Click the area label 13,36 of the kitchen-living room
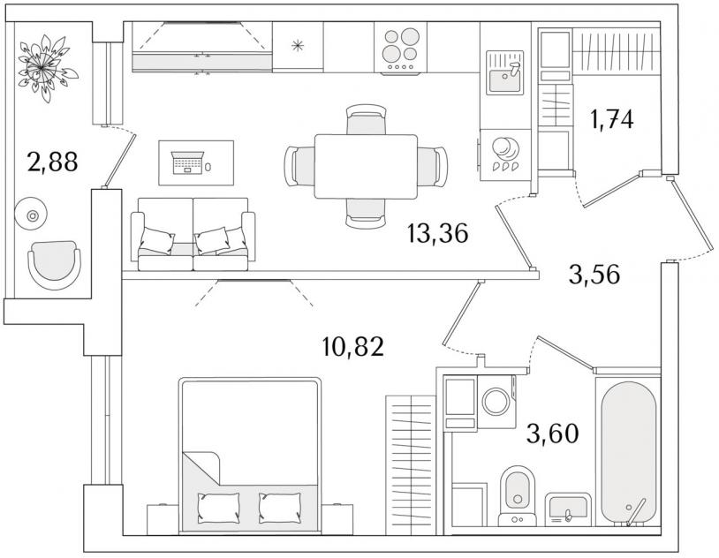coord(437,233)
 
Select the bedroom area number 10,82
coord(352,347)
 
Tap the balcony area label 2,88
coord(53,162)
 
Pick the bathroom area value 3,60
coord(553,434)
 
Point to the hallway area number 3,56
coord(594,275)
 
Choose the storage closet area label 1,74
coord(612,120)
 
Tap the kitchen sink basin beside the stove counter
coord(505,80)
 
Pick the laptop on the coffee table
coord(187,162)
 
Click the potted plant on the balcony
coord(44,67)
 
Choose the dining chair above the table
coord(366,119)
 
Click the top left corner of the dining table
coord(315,135)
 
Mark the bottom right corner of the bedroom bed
coord(321,532)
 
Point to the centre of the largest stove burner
coord(410,37)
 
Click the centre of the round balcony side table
coord(32,215)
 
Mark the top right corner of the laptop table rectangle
coord(233,140)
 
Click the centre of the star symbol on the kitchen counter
coord(298,45)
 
